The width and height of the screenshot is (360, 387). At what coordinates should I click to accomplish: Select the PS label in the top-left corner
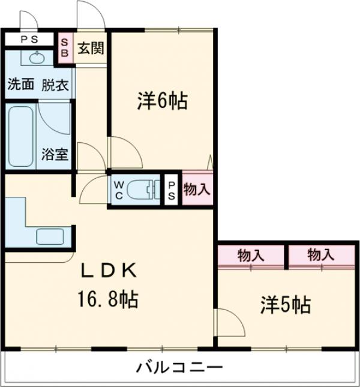click(28, 39)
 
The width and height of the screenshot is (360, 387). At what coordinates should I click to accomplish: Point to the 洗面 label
click(20, 85)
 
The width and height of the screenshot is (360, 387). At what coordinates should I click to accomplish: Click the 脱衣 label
click(55, 85)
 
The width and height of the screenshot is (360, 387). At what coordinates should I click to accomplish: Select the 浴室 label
click(55, 154)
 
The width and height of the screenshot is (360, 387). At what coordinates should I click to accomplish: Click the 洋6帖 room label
click(161, 101)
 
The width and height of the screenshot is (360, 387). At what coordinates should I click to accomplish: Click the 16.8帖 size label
click(109, 298)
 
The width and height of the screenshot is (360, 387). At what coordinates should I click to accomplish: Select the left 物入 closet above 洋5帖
click(250, 254)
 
